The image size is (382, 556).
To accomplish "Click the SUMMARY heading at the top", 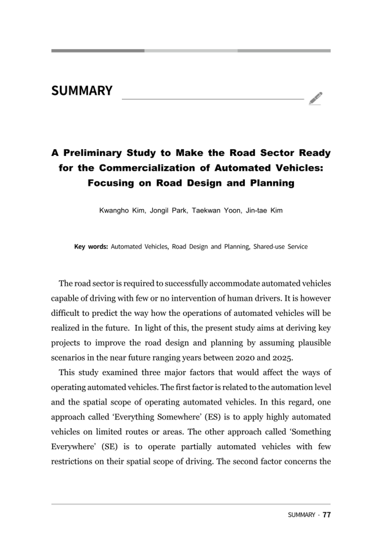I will (x=82, y=91).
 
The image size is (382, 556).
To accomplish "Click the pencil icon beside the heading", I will (x=315, y=98).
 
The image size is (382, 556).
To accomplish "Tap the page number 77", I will (x=327, y=515).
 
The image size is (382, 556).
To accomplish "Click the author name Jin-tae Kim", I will (x=264, y=211).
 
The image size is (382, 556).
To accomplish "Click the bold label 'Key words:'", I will (x=91, y=247).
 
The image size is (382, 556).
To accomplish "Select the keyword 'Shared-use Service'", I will (x=280, y=247).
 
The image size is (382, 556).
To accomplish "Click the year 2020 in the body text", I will (x=245, y=358).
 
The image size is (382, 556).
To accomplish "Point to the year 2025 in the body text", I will (x=282, y=358).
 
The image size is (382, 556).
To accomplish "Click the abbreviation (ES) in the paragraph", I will (x=212, y=417).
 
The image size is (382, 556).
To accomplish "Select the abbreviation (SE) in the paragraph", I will (x=110, y=447).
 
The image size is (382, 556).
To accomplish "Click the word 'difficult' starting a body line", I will (x=65, y=313).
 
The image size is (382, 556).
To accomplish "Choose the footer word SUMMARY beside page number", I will (x=301, y=515).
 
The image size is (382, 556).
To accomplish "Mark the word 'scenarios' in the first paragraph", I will (x=67, y=358).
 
